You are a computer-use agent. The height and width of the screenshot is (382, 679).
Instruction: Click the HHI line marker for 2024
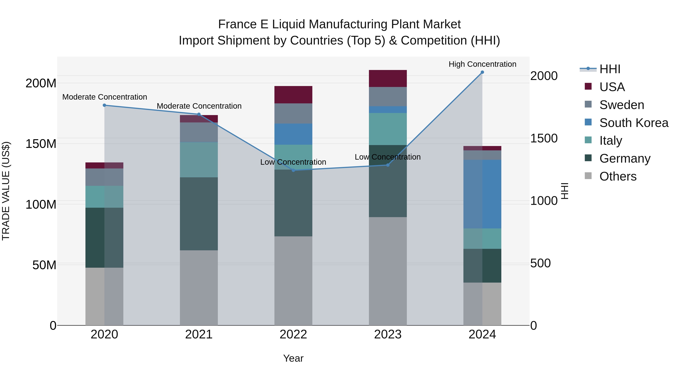pyautogui.click(x=482, y=72)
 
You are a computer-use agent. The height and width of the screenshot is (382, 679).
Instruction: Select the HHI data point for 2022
pyautogui.click(x=293, y=170)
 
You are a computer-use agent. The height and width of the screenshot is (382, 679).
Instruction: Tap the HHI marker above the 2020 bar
pyautogui.click(x=104, y=105)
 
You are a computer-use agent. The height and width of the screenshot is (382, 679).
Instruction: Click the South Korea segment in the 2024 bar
pyautogui.click(x=482, y=194)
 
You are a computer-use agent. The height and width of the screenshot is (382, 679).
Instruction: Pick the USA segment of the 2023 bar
pyautogui.click(x=388, y=78)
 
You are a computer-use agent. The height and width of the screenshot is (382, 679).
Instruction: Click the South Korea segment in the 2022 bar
pyautogui.click(x=293, y=134)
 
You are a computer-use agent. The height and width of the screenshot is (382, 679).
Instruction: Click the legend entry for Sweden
pyautogui.click(x=621, y=105)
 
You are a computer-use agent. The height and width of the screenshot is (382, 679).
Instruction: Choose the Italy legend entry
pyautogui.click(x=611, y=141)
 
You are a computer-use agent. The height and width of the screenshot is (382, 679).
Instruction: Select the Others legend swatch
pyautogui.click(x=588, y=176)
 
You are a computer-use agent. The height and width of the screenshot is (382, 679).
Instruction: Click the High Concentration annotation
pyautogui.click(x=482, y=64)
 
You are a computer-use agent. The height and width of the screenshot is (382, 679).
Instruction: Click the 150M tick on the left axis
pyautogui.click(x=41, y=144)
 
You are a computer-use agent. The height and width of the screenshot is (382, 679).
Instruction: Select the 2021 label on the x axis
pyautogui.click(x=199, y=334)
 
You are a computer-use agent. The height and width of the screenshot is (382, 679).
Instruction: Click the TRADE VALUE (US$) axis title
pyautogui.click(x=6, y=191)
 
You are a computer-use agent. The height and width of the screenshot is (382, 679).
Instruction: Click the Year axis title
pyautogui.click(x=293, y=358)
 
